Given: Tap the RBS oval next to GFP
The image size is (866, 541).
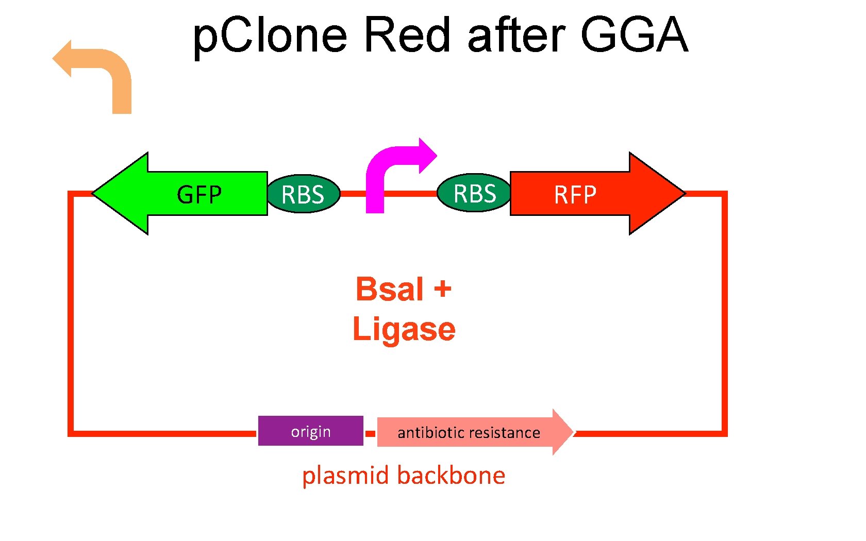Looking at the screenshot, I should tap(304, 194).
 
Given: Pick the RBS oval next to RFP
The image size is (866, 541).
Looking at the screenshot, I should tap(474, 193).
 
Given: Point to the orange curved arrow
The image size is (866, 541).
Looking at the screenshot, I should tap(103, 67).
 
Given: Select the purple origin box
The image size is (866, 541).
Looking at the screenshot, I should tap(310, 431).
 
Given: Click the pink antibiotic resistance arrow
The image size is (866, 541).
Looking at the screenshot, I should tap(469, 432).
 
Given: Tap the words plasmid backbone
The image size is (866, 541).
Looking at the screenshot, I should tap(403, 475).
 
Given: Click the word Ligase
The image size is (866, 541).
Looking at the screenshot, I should tap(404, 329).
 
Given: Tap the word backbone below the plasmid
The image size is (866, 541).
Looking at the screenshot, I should tap(453, 475).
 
